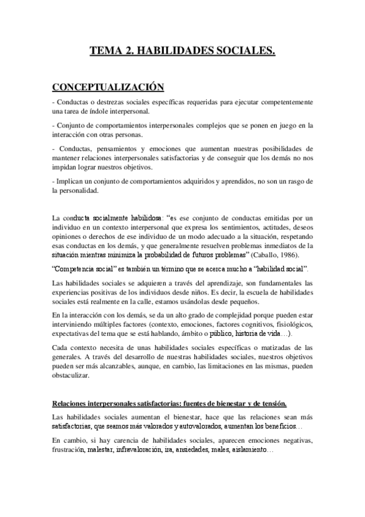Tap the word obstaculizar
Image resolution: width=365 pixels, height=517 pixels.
(71, 376)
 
